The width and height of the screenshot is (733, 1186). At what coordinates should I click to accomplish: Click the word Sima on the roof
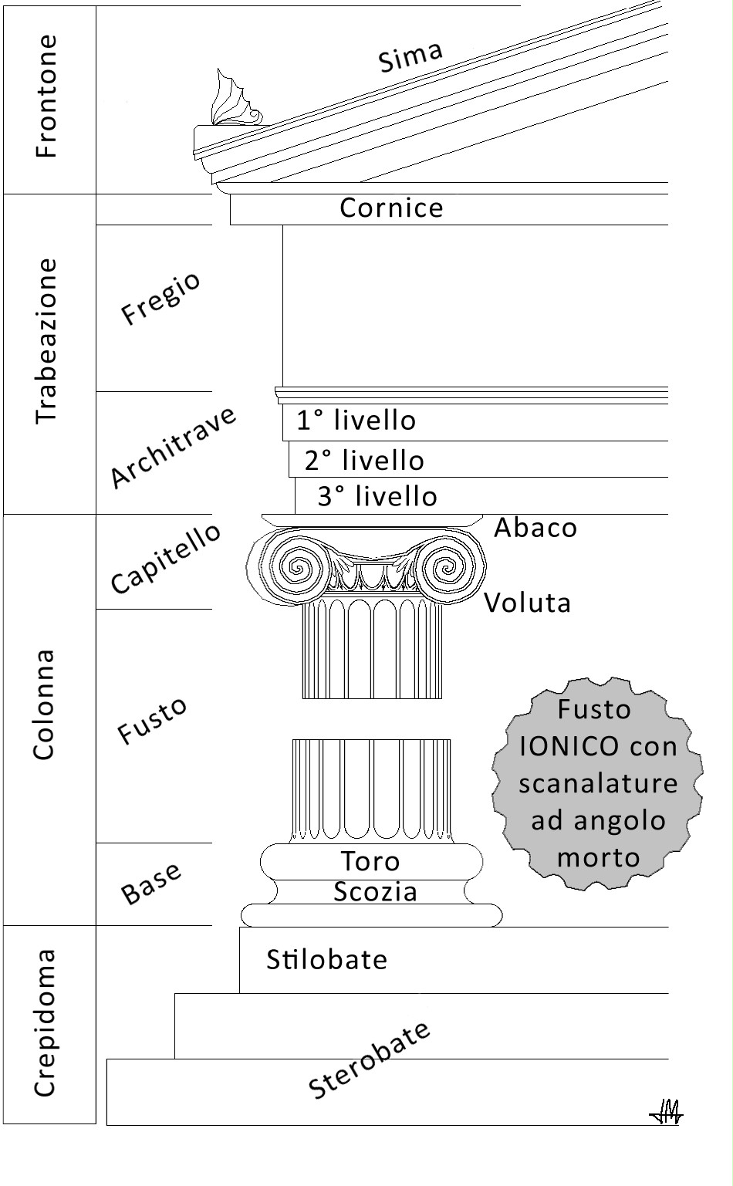point(411,56)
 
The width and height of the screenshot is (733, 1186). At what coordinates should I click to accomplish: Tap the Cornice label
point(391,208)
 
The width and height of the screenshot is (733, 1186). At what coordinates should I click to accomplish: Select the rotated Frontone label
point(47,96)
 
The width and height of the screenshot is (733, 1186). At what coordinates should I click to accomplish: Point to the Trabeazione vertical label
point(47,340)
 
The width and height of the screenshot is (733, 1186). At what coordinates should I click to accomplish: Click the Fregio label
point(160,298)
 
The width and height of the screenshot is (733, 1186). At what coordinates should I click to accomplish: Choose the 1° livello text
point(356,421)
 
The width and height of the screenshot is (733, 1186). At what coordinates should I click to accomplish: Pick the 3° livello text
point(377,496)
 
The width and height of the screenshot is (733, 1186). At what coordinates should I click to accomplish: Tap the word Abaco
point(535,528)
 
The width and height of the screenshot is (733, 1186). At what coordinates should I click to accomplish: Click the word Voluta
point(528,603)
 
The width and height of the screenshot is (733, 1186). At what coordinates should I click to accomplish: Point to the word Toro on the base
point(370,861)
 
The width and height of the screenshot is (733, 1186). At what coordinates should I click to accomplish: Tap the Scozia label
point(376,892)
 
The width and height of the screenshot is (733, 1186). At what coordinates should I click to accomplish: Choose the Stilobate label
point(326,960)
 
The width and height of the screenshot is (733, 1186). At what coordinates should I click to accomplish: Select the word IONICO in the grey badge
point(569,746)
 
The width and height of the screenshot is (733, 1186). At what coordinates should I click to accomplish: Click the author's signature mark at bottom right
point(667,1110)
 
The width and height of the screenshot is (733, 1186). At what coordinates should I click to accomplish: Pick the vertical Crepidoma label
point(46,1022)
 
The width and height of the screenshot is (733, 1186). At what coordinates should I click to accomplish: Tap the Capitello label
point(165,558)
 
